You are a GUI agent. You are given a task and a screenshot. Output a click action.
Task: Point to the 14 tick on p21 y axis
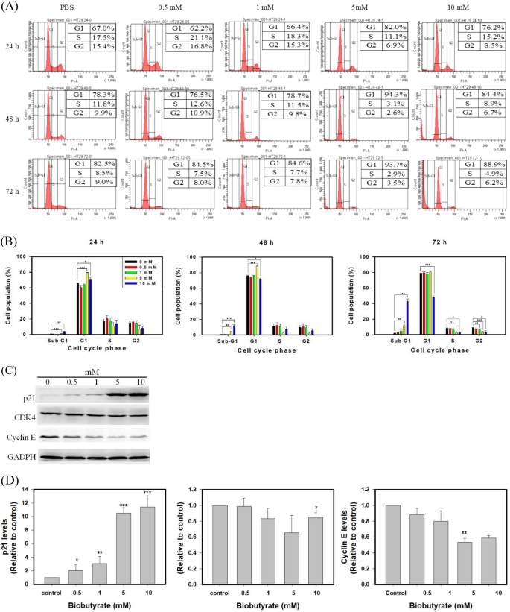coord(31,488)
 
